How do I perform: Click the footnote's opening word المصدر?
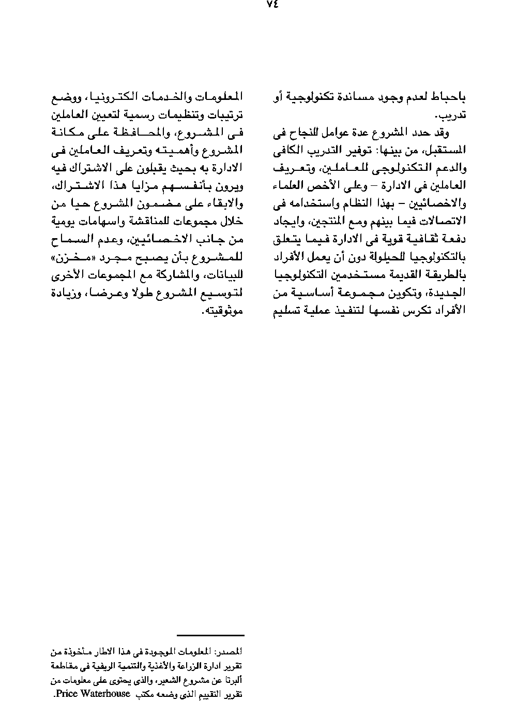pyautogui.click(x=230, y=650)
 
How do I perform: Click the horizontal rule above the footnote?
pyautogui.click(x=210, y=635)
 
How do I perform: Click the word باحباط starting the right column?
pyautogui.click(x=448, y=97)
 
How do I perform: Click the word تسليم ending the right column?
pyautogui.click(x=287, y=311)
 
